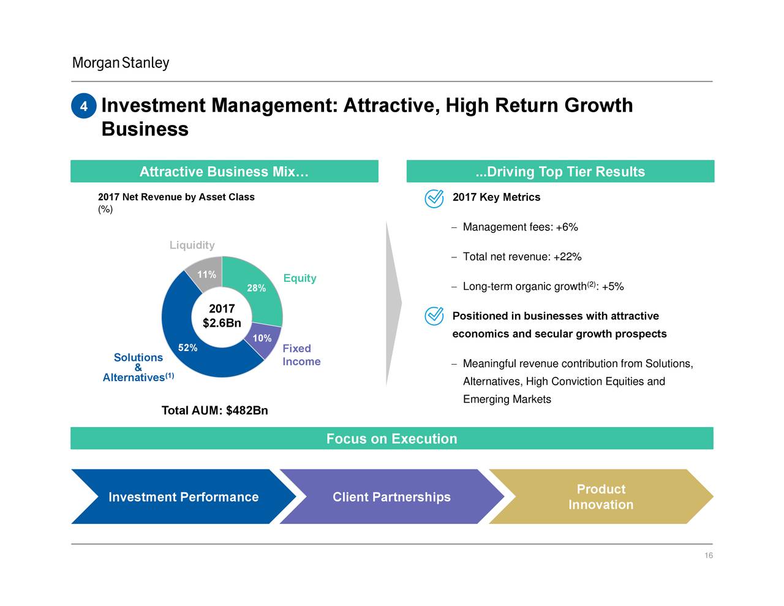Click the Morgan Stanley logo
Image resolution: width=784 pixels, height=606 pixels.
(120, 63)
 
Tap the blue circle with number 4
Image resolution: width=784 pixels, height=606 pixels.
(84, 107)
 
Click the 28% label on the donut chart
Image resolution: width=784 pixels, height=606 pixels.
(256, 288)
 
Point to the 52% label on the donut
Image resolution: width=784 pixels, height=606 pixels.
(187, 348)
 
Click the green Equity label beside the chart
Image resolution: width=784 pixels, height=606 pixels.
(300, 278)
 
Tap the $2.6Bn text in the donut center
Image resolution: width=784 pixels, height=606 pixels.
(222, 323)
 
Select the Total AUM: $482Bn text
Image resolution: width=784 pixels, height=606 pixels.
(214, 410)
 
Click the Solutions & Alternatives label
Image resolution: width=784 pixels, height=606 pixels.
(138, 367)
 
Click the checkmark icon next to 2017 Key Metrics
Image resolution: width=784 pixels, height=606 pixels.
(434, 198)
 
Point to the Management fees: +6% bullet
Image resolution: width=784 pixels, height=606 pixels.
(520, 227)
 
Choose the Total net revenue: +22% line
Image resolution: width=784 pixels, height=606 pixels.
(522, 257)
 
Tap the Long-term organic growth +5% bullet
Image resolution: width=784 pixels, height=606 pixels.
(543, 287)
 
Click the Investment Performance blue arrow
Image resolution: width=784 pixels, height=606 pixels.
(183, 497)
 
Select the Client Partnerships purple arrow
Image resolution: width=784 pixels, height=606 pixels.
(391, 497)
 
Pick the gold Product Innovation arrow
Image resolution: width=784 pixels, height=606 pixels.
(600, 497)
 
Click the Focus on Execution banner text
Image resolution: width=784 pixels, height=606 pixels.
(391, 439)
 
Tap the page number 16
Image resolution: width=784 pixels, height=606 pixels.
(708, 556)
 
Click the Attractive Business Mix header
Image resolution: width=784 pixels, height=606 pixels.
(224, 172)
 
